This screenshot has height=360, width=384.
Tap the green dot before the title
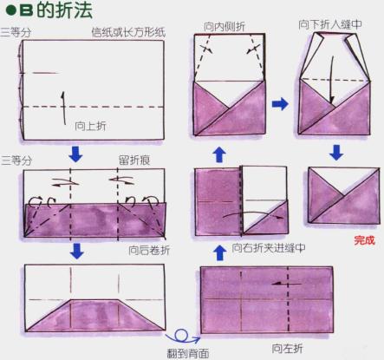[10, 11]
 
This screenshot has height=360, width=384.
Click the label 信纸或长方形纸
[128, 32]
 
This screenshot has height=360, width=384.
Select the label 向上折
[90, 126]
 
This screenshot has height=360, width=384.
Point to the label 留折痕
[134, 160]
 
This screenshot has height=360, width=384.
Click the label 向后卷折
[149, 251]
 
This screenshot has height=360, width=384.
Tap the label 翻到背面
[188, 353]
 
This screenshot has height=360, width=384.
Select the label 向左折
[287, 349]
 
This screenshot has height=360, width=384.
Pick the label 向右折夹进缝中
[269, 248]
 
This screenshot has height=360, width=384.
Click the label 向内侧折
[225, 27]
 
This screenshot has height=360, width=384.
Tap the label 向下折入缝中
[330, 24]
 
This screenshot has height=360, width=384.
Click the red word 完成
[364, 240]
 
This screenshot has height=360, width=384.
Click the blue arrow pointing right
[280, 104]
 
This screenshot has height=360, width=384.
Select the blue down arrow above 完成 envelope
[336, 153]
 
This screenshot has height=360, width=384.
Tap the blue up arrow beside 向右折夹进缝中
[220, 252]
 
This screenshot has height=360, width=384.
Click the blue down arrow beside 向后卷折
[76, 251]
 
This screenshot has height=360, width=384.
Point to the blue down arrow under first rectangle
[75, 154]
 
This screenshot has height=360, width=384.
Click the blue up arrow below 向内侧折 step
[219, 154]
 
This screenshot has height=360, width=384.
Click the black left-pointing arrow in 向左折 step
[287, 284]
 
